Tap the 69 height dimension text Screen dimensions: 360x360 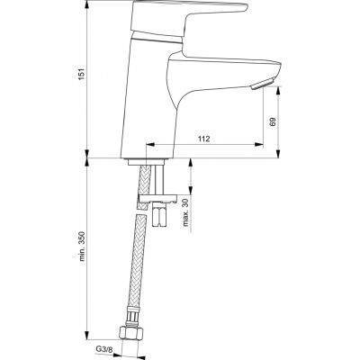coord(273,121)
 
